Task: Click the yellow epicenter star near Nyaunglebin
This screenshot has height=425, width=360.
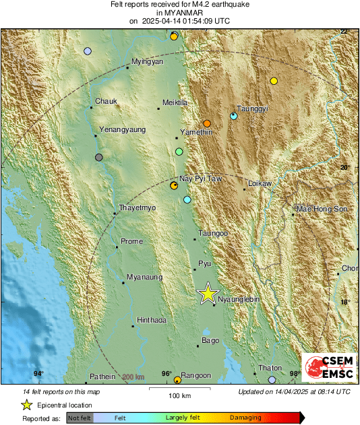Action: (x=208, y=293)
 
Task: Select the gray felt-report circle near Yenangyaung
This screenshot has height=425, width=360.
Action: (x=99, y=158)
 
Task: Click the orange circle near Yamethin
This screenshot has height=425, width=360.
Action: (x=207, y=123)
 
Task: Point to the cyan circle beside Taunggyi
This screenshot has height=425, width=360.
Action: (x=233, y=116)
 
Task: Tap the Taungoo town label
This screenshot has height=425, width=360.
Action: (x=213, y=233)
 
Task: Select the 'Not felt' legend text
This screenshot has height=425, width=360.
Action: (x=80, y=418)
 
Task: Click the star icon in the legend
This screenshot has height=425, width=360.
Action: (x=26, y=405)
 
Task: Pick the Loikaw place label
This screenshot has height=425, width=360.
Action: (x=260, y=183)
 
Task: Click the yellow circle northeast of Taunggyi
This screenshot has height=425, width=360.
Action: (x=274, y=81)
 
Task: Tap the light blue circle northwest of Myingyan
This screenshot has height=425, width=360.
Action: (x=87, y=51)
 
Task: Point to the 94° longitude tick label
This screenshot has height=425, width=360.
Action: (x=38, y=374)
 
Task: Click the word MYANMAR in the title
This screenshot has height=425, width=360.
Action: (x=179, y=13)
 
